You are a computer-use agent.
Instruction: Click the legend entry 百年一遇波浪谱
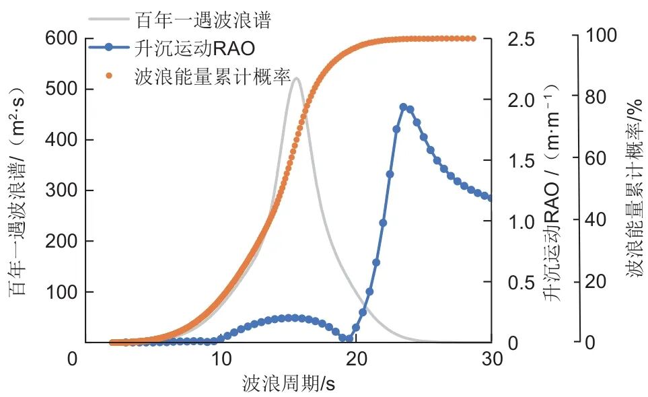[x=203, y=20]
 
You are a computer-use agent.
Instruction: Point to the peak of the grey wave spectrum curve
[x=296, y=78]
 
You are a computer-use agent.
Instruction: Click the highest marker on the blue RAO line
[x=403, y=107]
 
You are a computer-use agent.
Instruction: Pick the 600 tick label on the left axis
[x=60, y=38]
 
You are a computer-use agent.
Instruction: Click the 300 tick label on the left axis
[x=60, y=190]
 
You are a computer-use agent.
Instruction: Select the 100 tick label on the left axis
[x=60, y=292]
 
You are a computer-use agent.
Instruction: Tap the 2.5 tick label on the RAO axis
[x=521, y=39]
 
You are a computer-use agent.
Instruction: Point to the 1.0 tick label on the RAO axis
[x=521, y=222]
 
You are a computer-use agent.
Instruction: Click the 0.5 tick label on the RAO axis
[x=521, y=283]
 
